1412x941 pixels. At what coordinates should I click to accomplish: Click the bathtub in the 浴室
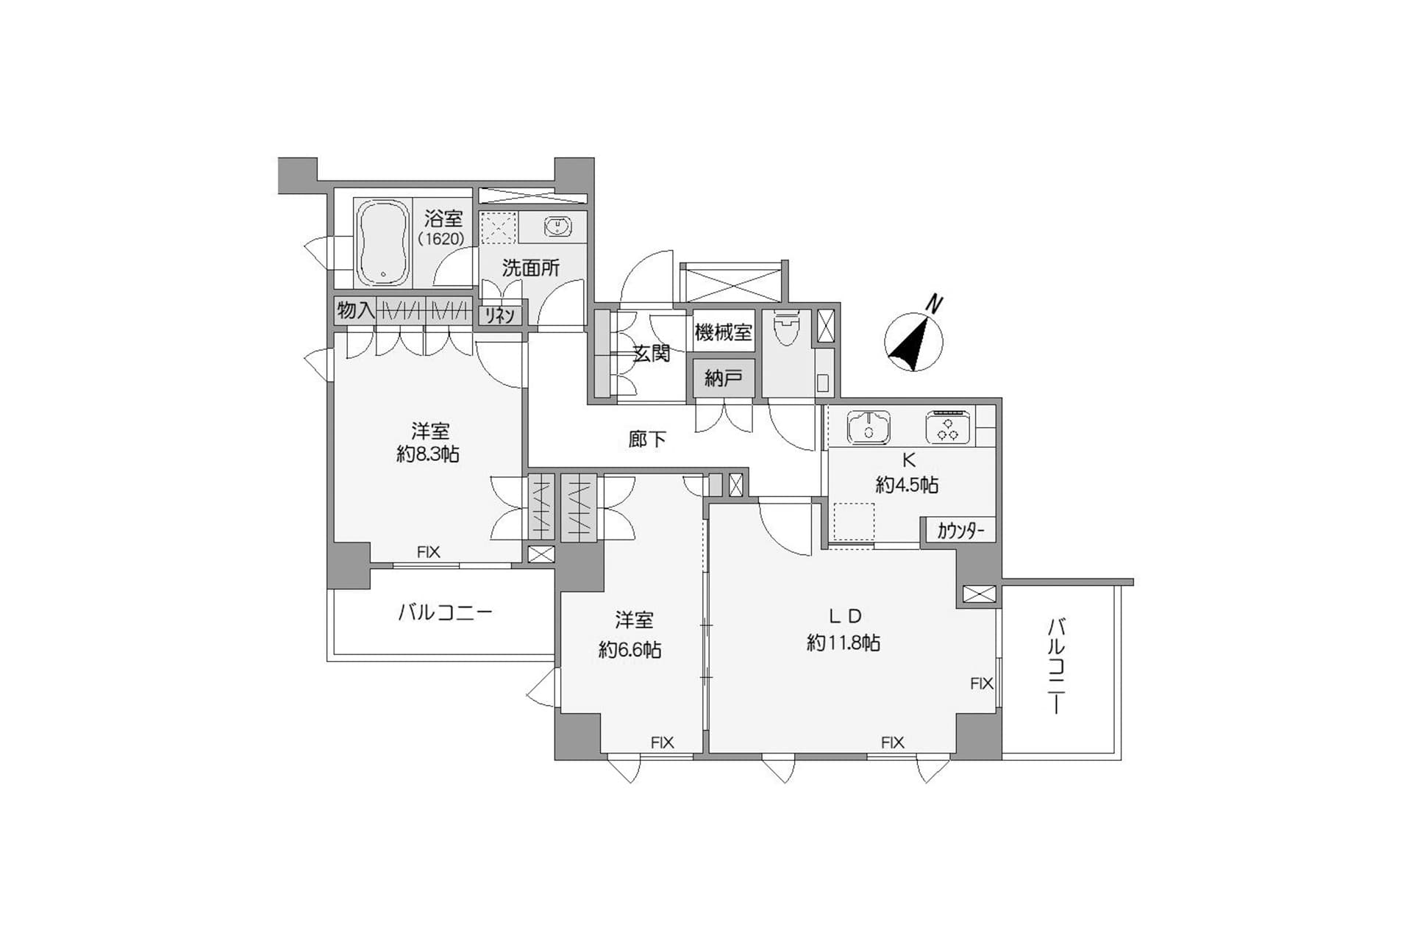382,243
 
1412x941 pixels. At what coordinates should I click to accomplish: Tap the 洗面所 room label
530,268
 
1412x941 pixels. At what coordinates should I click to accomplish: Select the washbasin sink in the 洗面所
557,226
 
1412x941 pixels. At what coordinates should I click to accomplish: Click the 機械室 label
723,333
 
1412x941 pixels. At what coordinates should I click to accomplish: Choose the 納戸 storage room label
723,379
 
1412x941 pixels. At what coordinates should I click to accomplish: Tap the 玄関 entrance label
652,354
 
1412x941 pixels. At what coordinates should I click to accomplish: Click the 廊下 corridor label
647,440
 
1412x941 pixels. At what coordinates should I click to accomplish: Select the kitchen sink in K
869,427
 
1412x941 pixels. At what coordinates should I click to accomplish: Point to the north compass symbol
914,340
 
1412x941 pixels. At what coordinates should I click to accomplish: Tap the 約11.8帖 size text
843,643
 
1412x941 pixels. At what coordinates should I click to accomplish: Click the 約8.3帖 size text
428,454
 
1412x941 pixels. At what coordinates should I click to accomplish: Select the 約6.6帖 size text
630,650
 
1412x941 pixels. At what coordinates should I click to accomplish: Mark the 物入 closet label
355,310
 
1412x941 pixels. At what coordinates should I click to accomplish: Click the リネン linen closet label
500,315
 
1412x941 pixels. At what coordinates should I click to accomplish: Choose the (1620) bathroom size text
441,239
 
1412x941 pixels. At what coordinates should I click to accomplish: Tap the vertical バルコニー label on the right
1056,666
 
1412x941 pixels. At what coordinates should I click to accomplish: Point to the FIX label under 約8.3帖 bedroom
428,552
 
